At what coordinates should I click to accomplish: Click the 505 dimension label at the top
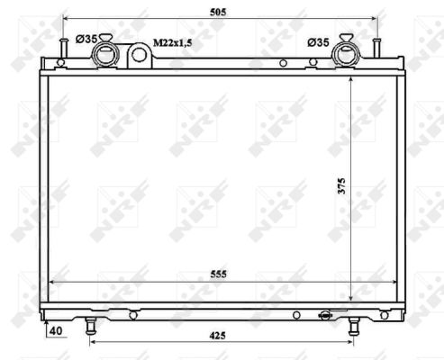click(218, 12)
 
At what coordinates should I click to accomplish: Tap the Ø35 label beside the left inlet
click(86, 39)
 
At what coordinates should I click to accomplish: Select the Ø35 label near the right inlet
click(318, 42)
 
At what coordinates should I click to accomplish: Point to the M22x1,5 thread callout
click(173, 43)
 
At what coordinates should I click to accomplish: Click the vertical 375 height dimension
click(342, 186)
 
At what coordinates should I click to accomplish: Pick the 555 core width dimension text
click(218, 274)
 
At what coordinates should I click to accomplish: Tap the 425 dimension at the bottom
click(217, 336)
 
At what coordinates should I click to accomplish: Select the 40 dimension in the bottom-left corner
click(56, 330)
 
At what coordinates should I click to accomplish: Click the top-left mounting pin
click(63, 48)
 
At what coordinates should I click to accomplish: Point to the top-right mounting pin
click(377, 48)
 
